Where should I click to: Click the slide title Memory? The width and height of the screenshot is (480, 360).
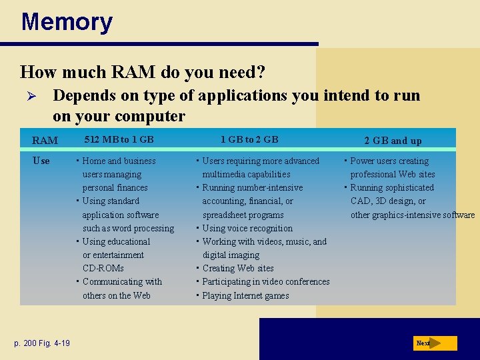coord(67,22)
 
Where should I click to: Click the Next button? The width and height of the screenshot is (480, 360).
coord(434,343)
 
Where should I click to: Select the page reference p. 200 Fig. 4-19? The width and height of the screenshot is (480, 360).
coord(42,343)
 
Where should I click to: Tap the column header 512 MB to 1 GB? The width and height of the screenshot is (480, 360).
coord(119,139)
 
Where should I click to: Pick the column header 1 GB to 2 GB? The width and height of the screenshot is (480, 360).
coord(249,139)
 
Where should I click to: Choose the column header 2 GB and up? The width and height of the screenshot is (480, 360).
coord(393,141)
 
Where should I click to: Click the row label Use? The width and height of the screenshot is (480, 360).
coord(41,161)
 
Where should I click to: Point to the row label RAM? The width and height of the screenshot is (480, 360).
coord(45,141)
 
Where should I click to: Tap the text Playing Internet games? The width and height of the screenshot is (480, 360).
coord(245,295)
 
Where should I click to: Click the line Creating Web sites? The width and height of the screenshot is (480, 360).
coord(237,268)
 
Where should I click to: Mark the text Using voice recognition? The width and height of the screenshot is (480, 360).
coord(247,228)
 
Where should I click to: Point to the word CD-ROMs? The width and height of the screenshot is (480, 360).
coord(103,268)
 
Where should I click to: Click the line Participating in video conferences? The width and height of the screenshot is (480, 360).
coord(265,281)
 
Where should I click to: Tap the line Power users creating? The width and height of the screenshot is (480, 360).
coord(389,161)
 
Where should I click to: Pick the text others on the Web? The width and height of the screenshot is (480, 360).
coord(117,295)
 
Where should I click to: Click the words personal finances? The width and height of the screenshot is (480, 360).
coord(115,187)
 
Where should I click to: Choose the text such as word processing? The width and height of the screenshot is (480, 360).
coord(128,228)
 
